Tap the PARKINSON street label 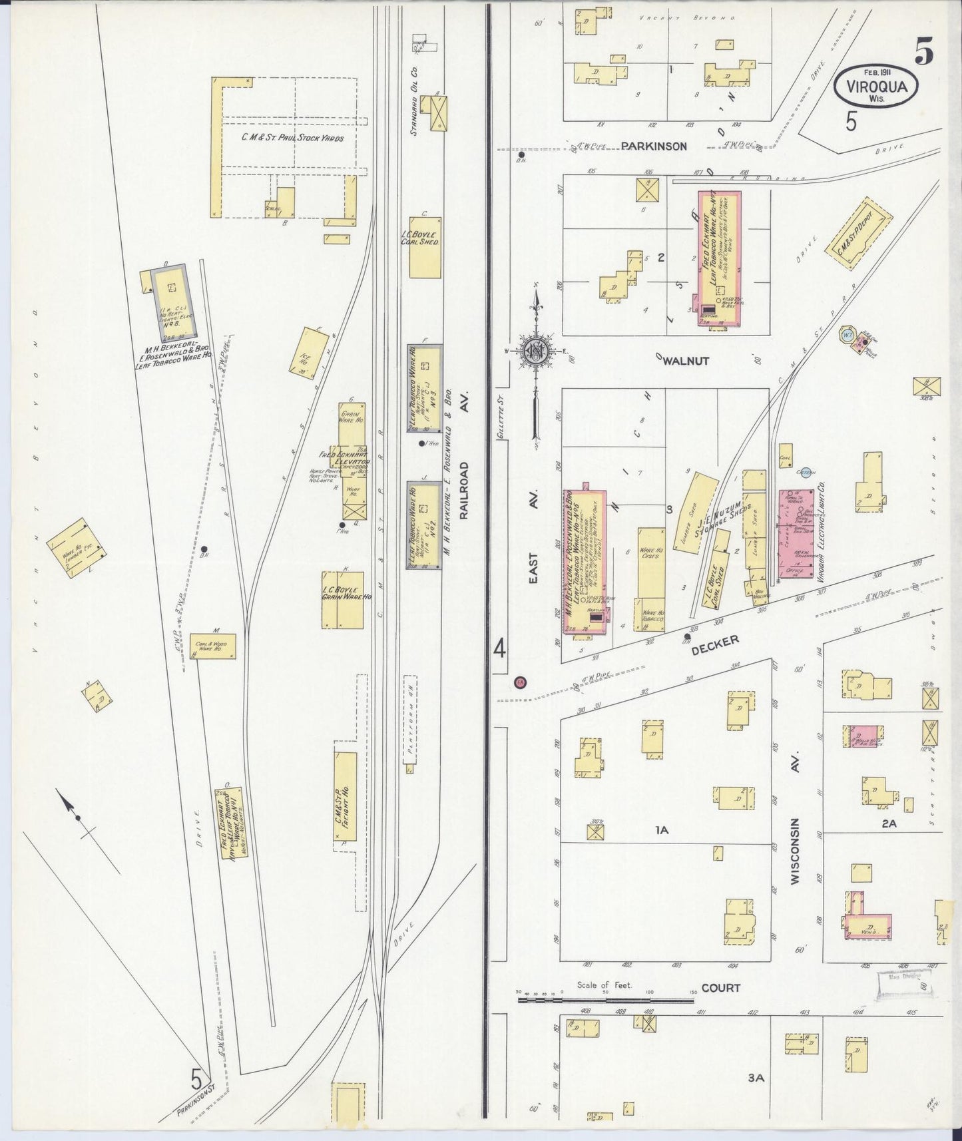click(x=654, y=146)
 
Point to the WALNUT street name click(x=685, y=361)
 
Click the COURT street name click(x=721, y=988)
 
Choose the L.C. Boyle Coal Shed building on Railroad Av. click(x=425, y=246)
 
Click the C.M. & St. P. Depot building click(x=859, y=234)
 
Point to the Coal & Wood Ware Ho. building click(x=213, y=646)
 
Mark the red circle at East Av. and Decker click(x=521, y=682)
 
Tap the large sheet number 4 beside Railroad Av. click(x=499, y=648)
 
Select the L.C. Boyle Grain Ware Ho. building click(x=343, y=599)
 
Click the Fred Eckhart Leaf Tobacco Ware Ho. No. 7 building click(x=718, y=258)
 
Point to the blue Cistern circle click(x=806, y=473)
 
